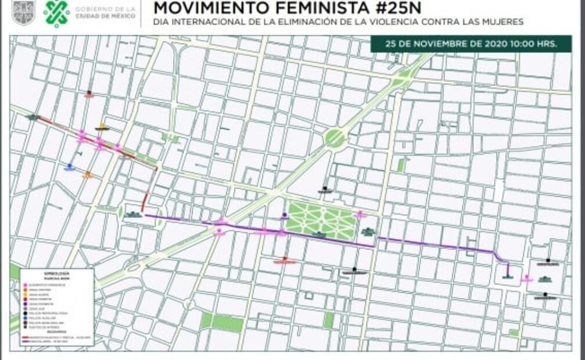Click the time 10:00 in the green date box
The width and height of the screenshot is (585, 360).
(x=521, y=44)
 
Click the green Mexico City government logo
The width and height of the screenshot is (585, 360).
(x=56, y=13)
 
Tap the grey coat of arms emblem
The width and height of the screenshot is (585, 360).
(x=23, y=13)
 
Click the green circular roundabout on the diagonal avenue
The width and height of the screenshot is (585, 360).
(x=335, y=138)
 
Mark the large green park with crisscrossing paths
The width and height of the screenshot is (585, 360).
(x=321, y=220)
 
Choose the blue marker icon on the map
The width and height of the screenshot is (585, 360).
(x=70, y=167)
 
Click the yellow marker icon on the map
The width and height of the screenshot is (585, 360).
(x=103, y=127)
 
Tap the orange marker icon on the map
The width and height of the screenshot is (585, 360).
(x=88, y=174)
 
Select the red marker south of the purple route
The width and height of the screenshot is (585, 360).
(x=284, y=261)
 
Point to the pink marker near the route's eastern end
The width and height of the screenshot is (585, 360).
(x=527, y=279)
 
